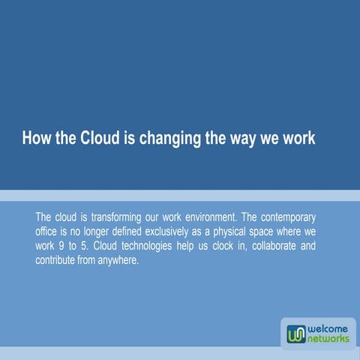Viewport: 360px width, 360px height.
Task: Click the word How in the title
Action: [x=35, y=139]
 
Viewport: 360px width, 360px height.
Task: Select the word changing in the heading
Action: [x=170, y=139]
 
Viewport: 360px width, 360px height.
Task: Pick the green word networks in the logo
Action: [x=328, y=339]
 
